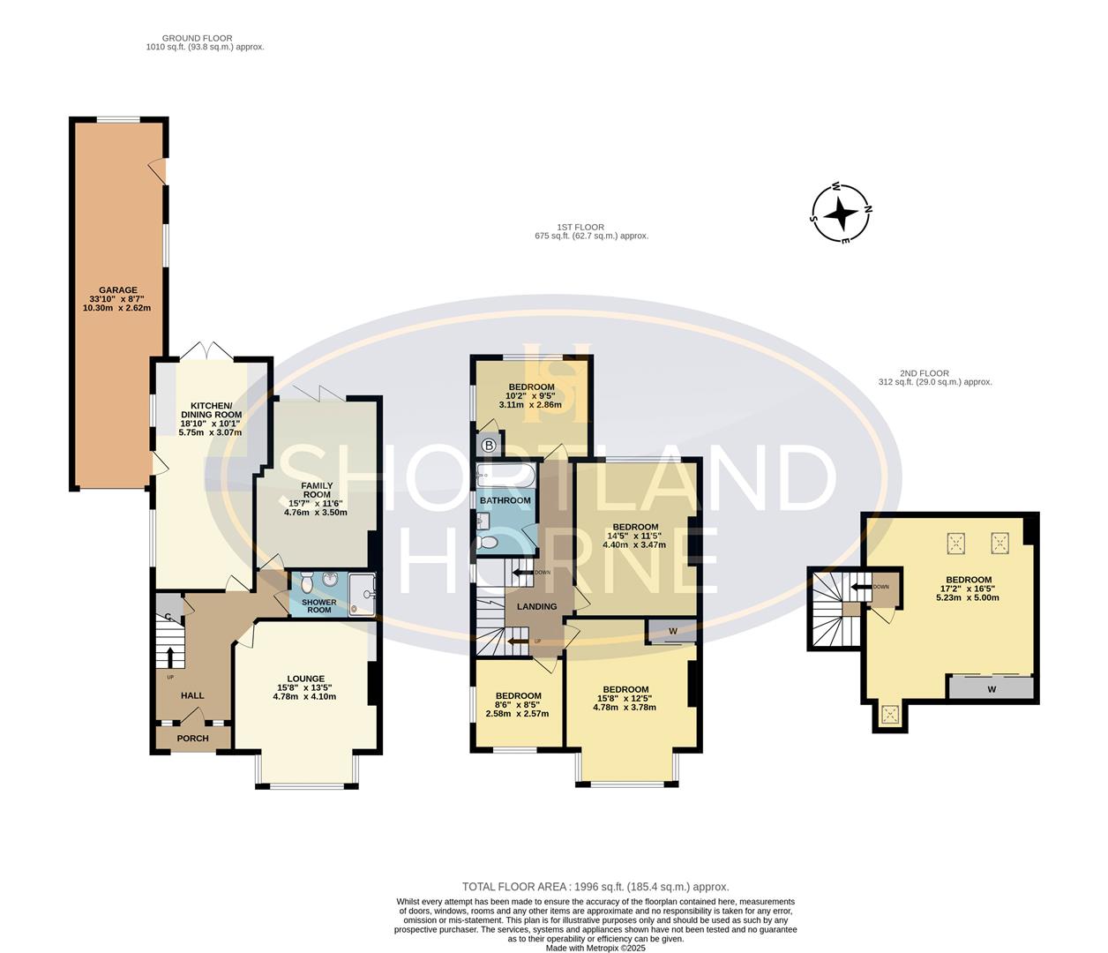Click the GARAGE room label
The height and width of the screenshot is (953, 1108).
pyautogui.click(x=117, y=290)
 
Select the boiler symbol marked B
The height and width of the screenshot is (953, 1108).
pyautogui.click(x=489, y=446)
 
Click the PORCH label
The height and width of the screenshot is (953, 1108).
pyautogui.click(x=192, y=738)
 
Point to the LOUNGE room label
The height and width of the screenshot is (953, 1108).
pyautogui.click(x=304, y=679)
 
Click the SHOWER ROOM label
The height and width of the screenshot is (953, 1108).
pyautogui.click(x=318, y=606)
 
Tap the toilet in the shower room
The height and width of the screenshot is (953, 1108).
pyautogui.click(x=305, y=583)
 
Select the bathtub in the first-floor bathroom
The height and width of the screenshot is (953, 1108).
pyautogui.click(x=505, y=477)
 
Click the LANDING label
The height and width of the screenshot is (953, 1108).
pyautogui.click(x=536, y=606)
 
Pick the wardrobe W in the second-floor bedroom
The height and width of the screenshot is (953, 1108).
pyautogui.click(x=990, y=688)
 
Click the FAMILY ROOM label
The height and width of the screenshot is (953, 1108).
pyautogui.click(x=317, y=490)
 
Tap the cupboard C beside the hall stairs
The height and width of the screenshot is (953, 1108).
pyautogui.click(x=167, y=617)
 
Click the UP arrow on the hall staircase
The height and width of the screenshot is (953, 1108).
pyautogui.click(x=171, y=657)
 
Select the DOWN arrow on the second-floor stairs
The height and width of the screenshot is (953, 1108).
pyautogui.click(x=859, y=587)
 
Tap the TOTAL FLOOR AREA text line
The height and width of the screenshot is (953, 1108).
pyautogui.click(x=595, y=887)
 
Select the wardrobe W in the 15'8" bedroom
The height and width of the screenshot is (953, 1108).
pyautogui.click(x=672, y=631)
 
